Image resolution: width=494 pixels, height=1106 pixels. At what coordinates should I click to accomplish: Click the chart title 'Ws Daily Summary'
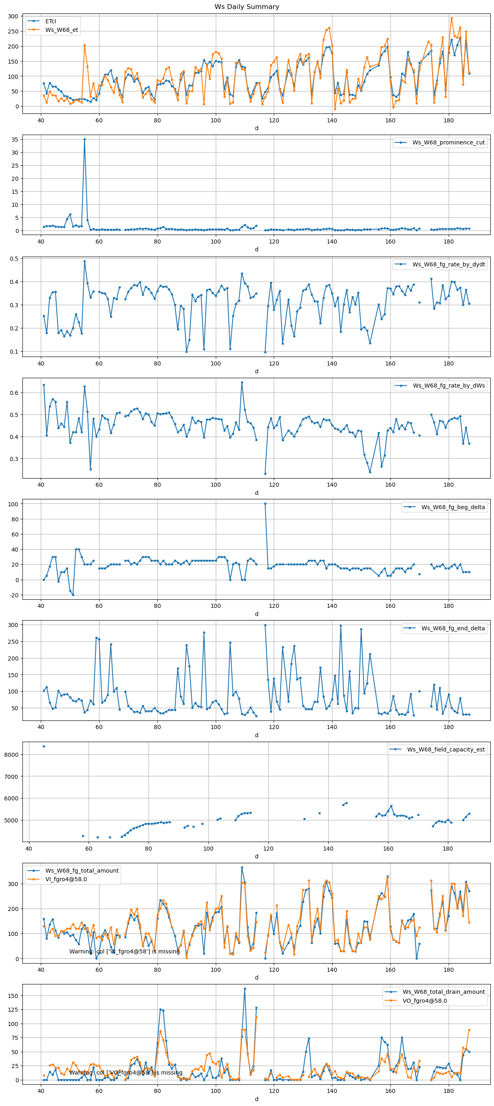point(247,7)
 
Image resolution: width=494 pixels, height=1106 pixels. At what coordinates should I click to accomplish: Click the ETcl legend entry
point(51,21)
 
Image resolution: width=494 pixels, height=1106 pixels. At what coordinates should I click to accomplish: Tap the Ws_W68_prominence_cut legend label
point(448,142)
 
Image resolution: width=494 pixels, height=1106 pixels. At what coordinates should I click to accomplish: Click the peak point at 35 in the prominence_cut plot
point(84,139)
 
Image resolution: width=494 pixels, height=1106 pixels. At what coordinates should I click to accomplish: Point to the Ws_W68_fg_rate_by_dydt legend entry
point(448,264)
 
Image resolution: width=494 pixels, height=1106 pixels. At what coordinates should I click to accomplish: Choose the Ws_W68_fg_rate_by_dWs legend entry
point(448,386)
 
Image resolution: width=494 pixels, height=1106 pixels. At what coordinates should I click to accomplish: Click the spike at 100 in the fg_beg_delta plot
point(265,503)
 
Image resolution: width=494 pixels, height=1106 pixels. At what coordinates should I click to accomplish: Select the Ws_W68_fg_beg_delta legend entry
point(453,507)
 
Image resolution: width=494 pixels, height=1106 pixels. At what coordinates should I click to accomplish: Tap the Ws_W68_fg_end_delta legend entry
point(453,628)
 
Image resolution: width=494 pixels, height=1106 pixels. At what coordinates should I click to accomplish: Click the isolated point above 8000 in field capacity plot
point(44,746)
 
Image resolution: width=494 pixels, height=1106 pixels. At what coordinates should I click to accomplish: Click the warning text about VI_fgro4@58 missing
point(124,951)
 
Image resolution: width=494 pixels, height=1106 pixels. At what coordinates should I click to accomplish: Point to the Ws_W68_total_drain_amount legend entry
point(443,992)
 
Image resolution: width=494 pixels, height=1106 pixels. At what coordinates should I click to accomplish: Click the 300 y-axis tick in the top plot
point(13,16)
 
